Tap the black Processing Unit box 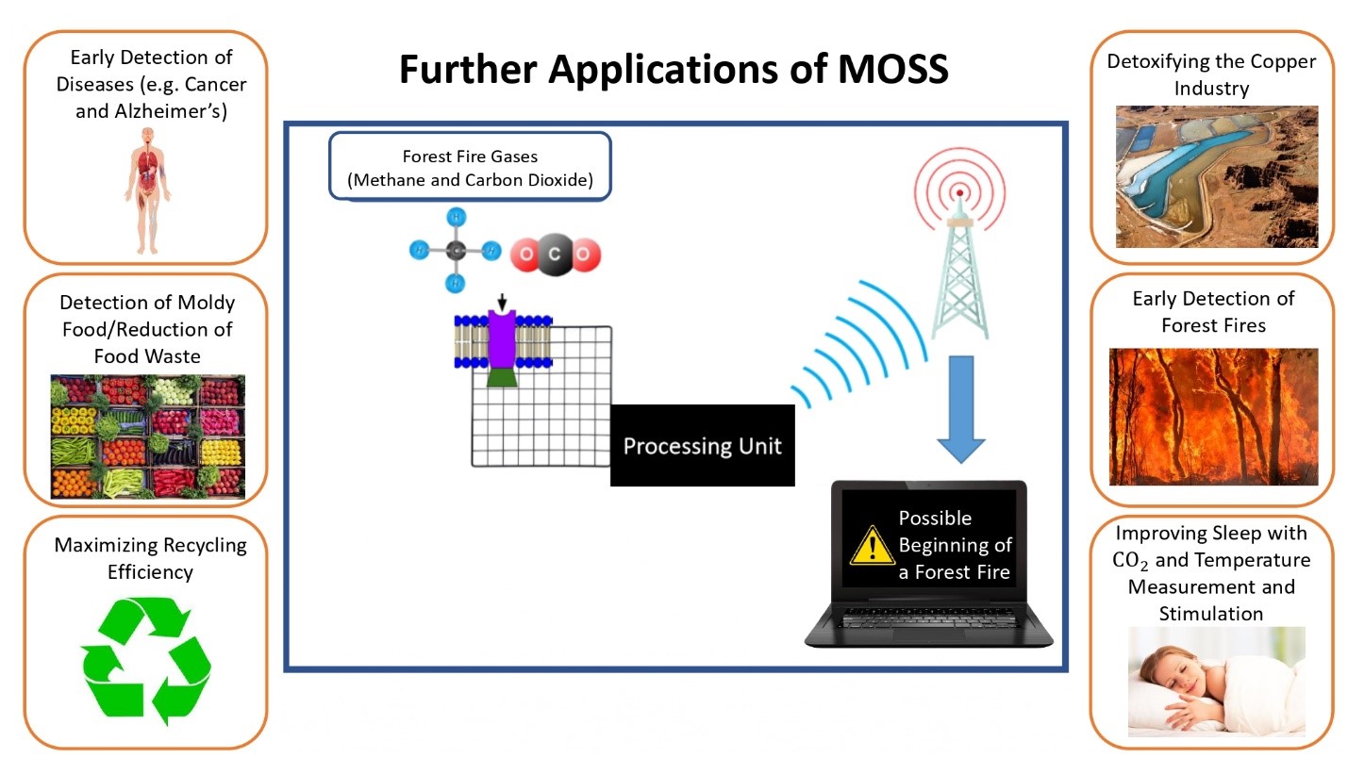click(702, 445)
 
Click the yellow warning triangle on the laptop click(872, 546)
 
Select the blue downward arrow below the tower click(961, 409)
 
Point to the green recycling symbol click(146, 661)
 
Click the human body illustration click(147, 190)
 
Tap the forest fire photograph click(1213, 417)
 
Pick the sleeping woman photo click(1216, 682)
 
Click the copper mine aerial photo click(1217, 176)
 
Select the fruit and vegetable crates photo click(147, 437)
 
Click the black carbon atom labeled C click(555, 255)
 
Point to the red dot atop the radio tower click(960, 193)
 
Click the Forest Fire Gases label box click(470, 167)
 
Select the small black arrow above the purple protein click(502, 302)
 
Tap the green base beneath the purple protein click(501, 377)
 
